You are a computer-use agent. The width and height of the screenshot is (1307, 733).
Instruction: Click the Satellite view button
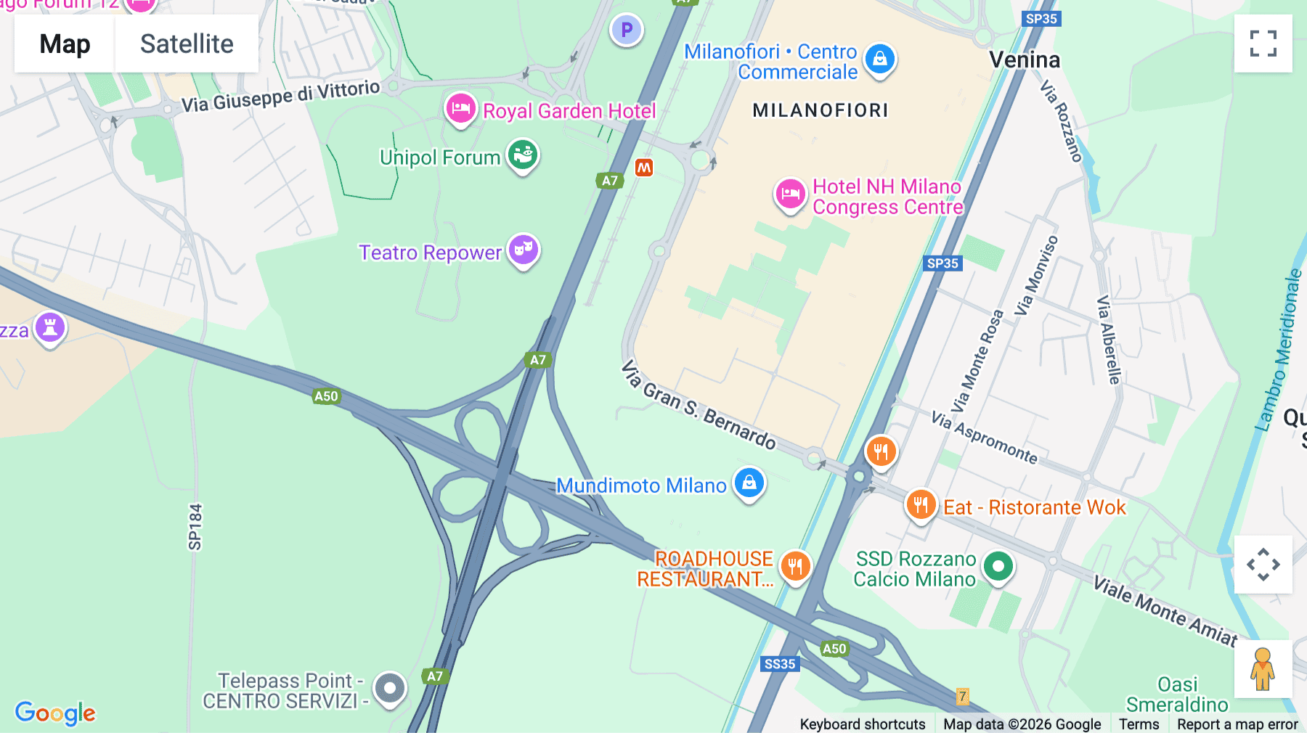pos(187,44)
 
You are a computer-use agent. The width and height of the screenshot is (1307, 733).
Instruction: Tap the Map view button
pos(65,44)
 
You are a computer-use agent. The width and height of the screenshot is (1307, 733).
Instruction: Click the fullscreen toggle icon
pos(1263,44)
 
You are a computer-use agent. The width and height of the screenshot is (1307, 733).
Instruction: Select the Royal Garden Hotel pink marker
pos(460,110)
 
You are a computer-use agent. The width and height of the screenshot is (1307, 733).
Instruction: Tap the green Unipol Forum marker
pos(522,155)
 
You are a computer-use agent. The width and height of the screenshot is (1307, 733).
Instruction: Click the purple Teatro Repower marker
pos(524,250)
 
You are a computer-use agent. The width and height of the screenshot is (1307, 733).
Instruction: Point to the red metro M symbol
pos(644,168)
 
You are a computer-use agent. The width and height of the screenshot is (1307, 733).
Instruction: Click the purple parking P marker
pos(627,30)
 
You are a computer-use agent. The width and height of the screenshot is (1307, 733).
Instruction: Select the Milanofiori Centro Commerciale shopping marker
pos(880,59)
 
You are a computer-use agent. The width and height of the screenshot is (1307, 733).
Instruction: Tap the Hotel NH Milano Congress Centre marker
pos(790,194)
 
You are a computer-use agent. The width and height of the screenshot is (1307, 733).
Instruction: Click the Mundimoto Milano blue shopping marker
pos(749,483)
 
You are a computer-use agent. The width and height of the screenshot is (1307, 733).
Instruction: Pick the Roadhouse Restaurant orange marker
pos(795,566)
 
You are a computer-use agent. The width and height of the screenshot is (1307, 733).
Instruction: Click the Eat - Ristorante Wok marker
pos(920,504)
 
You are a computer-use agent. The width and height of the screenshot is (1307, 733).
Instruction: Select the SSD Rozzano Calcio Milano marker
pos(998,566)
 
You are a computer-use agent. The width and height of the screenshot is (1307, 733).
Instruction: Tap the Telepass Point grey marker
pos(390,687)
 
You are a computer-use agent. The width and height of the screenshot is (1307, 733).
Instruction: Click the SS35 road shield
pos(780,664)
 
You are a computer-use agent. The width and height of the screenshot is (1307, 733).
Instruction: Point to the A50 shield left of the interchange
pos(326,396)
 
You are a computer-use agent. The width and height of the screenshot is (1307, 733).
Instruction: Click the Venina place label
pos(1025,60)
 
